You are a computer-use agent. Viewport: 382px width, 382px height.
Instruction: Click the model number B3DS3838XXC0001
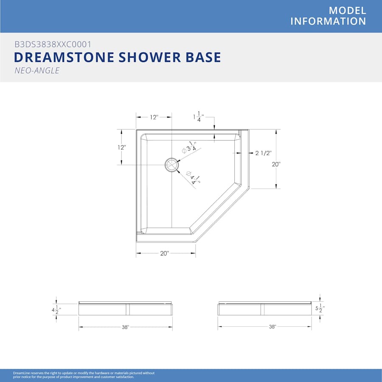pyautogui.click(x=53, y=44)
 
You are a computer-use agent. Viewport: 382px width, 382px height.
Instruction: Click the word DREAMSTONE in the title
pyautogui.click(x=64, y=57)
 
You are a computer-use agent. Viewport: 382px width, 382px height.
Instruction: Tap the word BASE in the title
pyautogui.click(x=203, y=57)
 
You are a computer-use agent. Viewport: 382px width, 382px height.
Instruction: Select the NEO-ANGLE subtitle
pyautogui.click(x=37, y=70)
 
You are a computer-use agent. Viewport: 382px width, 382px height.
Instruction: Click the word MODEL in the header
pyautogui.click(x=347, y=11)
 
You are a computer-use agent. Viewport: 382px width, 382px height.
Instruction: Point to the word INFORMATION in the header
pyautogui.click(x=328, y=22)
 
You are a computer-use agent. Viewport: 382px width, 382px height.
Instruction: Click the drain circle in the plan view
pyautogui.click(x=171, y=165)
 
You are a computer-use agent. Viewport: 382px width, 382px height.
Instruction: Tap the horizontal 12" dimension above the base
pyautogui.click(x=154, y=117)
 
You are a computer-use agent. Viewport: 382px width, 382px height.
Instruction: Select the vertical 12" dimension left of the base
pyautogui.click(x=121, y=147)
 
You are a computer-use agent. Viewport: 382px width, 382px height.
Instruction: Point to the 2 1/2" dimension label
pyautogui.click(x=263, y=153)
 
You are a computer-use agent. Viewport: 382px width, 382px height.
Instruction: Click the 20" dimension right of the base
pyautogui.click(x=276, y=164)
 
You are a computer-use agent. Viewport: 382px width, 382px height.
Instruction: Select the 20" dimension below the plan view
pyautogui.click(x=164, y=253)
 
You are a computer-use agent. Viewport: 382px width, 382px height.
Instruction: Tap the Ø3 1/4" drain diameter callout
pyautogui.click(x=190, y=147)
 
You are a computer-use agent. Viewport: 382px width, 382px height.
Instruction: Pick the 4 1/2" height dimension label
pyautogui.click(x=56, y=310)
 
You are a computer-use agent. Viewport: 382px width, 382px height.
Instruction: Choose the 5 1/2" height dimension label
pyautogui.click(x=320, y=308)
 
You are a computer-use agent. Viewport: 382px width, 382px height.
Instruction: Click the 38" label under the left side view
pyautogui.click(x=125, y=327)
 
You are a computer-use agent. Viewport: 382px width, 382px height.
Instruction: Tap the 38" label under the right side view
pyautogui.click(x=272, y=327)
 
